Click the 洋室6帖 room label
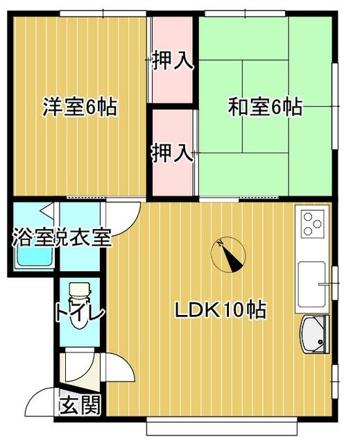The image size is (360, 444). [80, 108]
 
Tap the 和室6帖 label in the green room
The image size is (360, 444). [265, 108]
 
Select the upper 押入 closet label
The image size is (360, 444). [172, 62]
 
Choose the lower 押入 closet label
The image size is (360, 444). [172, 152]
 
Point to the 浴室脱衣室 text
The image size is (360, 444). [61, 238]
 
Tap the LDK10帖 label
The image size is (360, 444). [220, 310]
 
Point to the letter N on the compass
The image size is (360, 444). [219, 244]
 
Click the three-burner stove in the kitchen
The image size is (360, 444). [312, 224]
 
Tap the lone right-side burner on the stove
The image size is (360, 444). [318, 224]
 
